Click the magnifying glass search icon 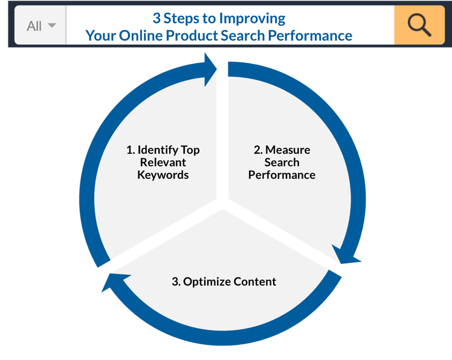click(x=419, y=25)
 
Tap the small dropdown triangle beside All click(x=52, y=25)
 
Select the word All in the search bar click(x=34, y=26)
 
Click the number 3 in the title click(x=157, y=18)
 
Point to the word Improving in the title click(x=252, y=19)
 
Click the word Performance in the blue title click(x=310, y=36)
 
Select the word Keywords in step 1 click(x=163, y=175)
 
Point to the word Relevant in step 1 click(x=163, y=162)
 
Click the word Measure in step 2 click(x=288, y=150)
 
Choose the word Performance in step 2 click(x=282, y=175)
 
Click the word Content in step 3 click(x=255, y=281)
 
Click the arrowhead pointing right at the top click(x=210, y=69)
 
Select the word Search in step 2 click(x=282, y=162)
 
